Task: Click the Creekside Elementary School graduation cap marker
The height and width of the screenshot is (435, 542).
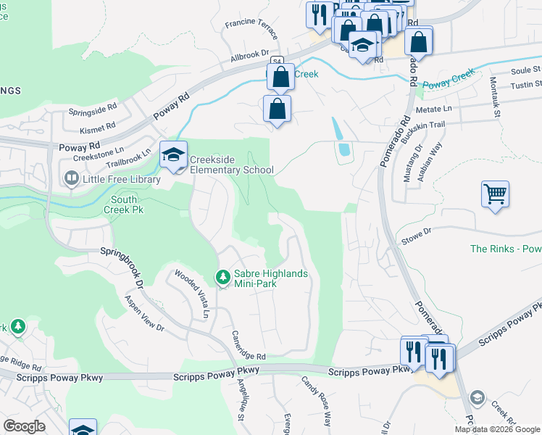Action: [174, 154]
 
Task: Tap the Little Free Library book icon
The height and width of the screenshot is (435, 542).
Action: [71, 178]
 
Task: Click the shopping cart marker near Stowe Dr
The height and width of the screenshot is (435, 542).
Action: [496, 194]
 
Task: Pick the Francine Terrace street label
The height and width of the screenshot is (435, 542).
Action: [251, 29]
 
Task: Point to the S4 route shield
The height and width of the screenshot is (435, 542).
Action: [278, 62]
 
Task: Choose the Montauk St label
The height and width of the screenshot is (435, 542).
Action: [496, 96]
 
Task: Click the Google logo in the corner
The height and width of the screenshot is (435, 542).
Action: [24, 426]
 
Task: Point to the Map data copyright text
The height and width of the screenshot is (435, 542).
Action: [497, 429]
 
